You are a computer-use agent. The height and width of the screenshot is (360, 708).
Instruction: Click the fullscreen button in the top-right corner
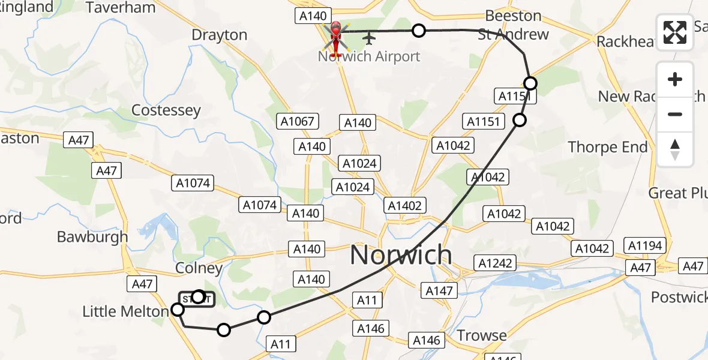(675, 32)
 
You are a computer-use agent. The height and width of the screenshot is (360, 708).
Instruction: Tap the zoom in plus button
(675, 80)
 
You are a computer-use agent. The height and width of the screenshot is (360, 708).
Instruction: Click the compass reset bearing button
(675, 149)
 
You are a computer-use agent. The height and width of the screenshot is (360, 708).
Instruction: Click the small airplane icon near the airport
(368, 39)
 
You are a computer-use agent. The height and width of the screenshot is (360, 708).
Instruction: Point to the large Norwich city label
(400, 256)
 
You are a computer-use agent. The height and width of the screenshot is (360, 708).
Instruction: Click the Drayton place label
(219, 35)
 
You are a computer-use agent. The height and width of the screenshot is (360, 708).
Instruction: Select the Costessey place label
(166, 110)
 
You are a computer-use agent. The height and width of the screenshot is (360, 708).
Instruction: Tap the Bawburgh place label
(92, 236)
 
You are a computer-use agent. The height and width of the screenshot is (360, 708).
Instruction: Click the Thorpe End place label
(607, 147)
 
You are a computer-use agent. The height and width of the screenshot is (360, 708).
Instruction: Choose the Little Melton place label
(125, 311)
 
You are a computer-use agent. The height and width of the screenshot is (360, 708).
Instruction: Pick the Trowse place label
(482, 335)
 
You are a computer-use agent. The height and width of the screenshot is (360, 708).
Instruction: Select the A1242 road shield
(496, 262)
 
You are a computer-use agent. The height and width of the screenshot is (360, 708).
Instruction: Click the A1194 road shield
(645, 245)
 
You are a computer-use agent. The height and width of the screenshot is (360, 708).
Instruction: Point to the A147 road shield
(438, 291)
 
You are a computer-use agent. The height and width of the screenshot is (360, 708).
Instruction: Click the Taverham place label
(121, 8)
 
